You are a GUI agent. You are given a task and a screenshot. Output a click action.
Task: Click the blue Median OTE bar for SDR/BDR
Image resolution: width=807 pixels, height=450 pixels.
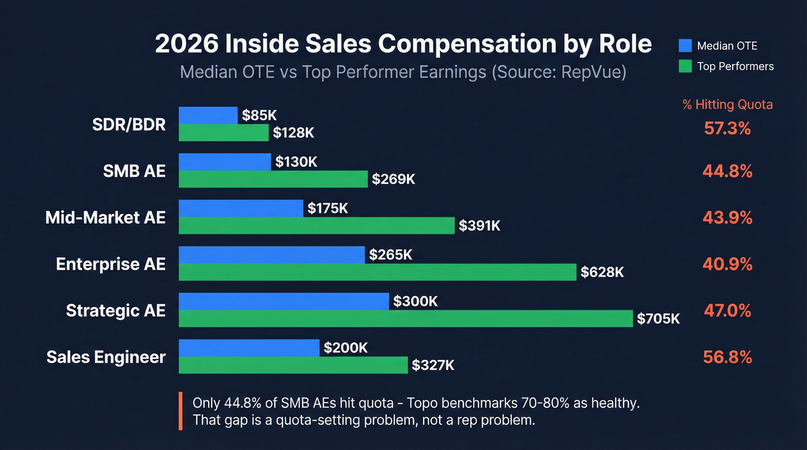(x=208, y=115)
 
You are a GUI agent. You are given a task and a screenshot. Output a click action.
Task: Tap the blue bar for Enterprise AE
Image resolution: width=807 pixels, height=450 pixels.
(x=271, y=255)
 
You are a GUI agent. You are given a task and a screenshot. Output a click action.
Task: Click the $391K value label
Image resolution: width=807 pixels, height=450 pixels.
(x=480, y=226)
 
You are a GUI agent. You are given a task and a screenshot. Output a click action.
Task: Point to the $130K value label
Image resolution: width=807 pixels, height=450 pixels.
(x=296, y=162)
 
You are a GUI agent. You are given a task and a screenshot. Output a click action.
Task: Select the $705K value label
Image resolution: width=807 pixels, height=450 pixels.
(x=658, y=319)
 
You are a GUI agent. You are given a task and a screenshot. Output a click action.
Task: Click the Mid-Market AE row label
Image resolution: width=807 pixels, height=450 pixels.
(x=105, y=217)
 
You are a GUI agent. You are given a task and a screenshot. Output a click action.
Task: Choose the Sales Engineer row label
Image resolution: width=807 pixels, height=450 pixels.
(x=106, y=357)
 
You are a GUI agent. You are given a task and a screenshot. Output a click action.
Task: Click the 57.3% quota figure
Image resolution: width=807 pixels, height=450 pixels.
(x=727, y=128)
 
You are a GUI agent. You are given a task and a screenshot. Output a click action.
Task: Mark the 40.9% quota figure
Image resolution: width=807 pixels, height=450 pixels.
(x=727, y=264)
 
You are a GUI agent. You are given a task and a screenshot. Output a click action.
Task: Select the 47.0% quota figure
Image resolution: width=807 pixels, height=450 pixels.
(x=727, y=311)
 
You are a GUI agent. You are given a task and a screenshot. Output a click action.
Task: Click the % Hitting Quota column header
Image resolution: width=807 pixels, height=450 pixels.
(x=727, y=104)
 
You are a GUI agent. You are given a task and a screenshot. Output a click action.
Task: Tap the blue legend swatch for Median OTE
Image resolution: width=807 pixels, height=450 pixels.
(x=685, y=46)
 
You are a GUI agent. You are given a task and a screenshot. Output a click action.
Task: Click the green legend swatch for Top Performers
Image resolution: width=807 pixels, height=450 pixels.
(x=685, y=66)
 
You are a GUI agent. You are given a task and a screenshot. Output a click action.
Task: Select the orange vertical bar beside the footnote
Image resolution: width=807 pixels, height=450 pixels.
(x=180, y=411)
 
